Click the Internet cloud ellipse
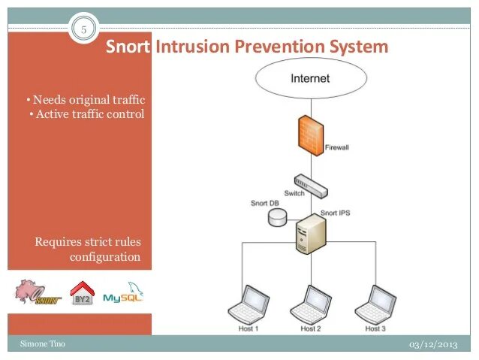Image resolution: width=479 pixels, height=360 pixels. (310, 78)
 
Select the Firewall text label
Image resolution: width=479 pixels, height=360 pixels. (336, 148)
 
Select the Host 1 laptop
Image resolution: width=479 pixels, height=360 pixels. (249, 304)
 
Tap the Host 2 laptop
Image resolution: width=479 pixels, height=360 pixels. (310, 304)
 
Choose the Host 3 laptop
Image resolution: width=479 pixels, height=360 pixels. (375, 304)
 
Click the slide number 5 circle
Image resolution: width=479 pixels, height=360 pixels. (83, 30)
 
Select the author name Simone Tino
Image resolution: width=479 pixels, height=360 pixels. (43, 343)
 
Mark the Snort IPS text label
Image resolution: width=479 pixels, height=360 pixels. (336, 213)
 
